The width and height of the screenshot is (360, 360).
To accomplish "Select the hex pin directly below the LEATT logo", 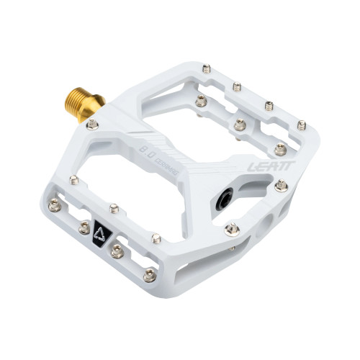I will click(282, 186).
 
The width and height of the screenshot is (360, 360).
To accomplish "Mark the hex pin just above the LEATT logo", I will click(281, 149).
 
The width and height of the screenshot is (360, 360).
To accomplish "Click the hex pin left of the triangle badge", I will click(84, 228).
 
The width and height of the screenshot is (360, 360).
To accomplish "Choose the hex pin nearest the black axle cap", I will click(231, 230).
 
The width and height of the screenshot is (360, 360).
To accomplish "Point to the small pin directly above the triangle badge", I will click(114, 208).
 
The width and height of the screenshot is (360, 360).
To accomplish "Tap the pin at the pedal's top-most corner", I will click(207, 69).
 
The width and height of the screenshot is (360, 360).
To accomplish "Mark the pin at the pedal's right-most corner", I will click(301, 125).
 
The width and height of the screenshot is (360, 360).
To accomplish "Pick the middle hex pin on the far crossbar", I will click(240, 125).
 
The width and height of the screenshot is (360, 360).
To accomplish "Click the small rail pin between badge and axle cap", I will click(156, 235).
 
